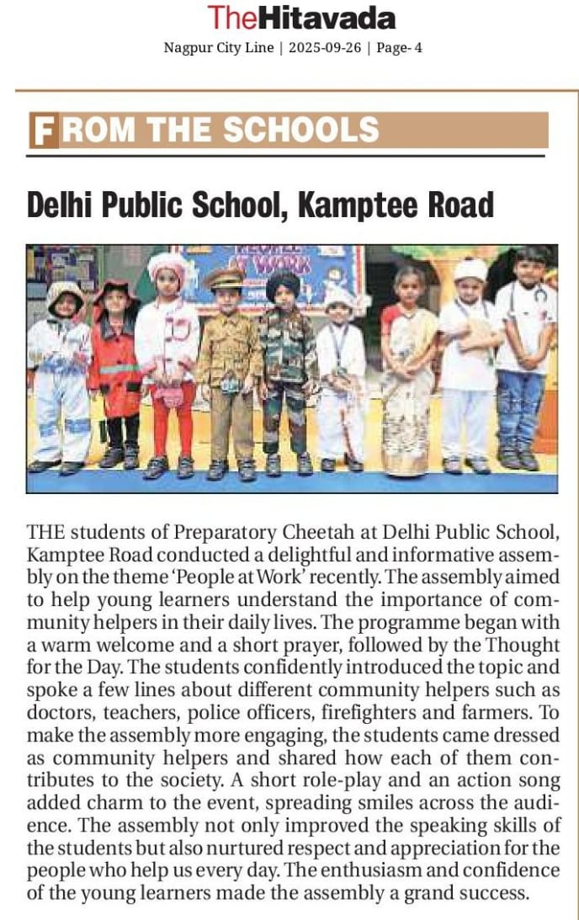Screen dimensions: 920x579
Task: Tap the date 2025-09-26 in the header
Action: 325,48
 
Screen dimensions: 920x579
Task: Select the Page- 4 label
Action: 400,48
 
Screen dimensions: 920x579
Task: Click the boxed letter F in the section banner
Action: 44,130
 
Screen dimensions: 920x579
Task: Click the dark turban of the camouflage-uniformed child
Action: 283,283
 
